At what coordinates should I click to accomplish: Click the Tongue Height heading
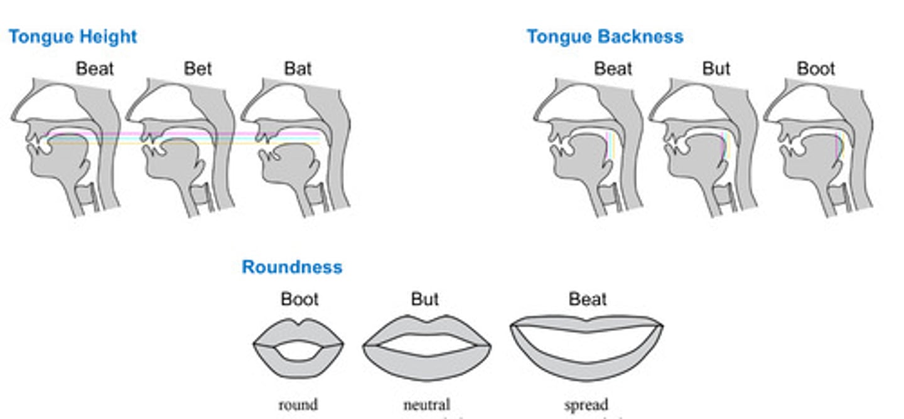(x=72, y=36)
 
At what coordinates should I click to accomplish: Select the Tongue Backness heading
(x=605, y=36)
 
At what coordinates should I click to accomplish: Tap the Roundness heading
(x=292, y=267)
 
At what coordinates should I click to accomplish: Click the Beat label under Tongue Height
(x=95, y=68)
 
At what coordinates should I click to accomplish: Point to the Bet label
(x=198, y=68)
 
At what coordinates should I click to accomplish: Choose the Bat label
(x=298, y=68)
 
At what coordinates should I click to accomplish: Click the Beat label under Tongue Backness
(x=613, y=68)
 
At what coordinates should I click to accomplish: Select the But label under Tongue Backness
(x=716, y=68)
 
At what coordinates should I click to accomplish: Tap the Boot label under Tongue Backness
(x=815, y=68)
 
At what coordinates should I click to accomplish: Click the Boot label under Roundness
(x=299, y=299)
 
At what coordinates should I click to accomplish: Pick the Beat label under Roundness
(x=588, y=299)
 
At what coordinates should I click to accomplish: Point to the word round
(x=298, y=405)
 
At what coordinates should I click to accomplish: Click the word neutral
(x=427, y=405)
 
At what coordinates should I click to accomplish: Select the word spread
(x=586, y=405)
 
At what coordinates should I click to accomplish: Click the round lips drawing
(x=298, y=348)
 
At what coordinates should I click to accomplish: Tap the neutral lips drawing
(x=427, y=348)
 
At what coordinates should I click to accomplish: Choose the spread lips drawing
(x=586, y=348)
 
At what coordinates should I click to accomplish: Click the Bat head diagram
(x=295, y=147)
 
